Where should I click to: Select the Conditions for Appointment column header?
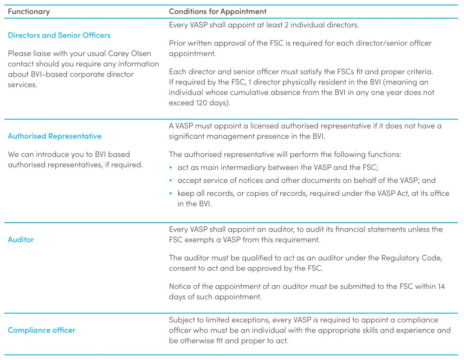click(x=218, y=11)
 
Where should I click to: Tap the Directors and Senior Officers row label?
click(x=59, y=35)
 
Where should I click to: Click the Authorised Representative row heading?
click(x=55, y=136)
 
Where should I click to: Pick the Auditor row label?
click(x=21, y=240)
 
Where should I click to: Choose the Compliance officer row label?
click(x=42, y=330)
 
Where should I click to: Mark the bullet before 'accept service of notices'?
click(x=172, y=180)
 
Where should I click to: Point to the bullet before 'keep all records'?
click(x=172, y=193)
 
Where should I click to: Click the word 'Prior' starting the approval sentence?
click(x=178, y=43)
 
